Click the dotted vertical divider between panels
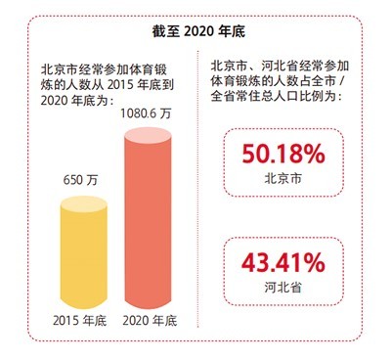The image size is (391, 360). pos(201,196)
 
